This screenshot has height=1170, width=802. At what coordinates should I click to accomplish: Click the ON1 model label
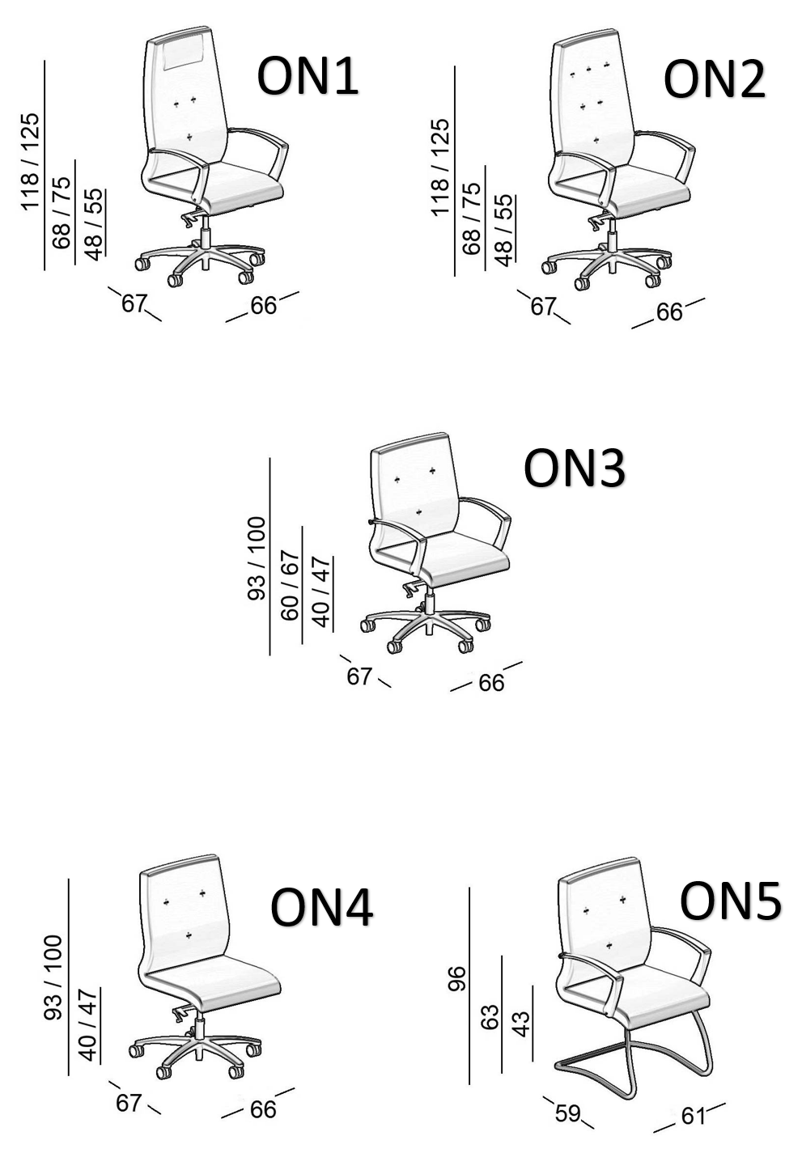point(308,77)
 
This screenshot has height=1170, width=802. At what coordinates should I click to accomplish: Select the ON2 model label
point(714,80)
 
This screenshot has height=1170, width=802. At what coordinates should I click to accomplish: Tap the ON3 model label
point(574,468)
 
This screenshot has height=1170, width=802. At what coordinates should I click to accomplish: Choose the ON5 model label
point(730,901)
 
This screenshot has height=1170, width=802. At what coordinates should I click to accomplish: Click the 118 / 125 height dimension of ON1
point(30,162)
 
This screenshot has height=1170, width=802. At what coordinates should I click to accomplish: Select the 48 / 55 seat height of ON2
point(503,231)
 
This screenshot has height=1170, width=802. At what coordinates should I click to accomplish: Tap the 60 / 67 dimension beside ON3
point(290,584)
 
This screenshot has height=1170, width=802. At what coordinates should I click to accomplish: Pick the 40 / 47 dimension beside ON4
point(87,1024)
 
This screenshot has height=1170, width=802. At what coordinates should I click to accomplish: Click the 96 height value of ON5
point(457,982)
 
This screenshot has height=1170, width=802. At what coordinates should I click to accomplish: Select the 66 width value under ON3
point(491,683)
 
